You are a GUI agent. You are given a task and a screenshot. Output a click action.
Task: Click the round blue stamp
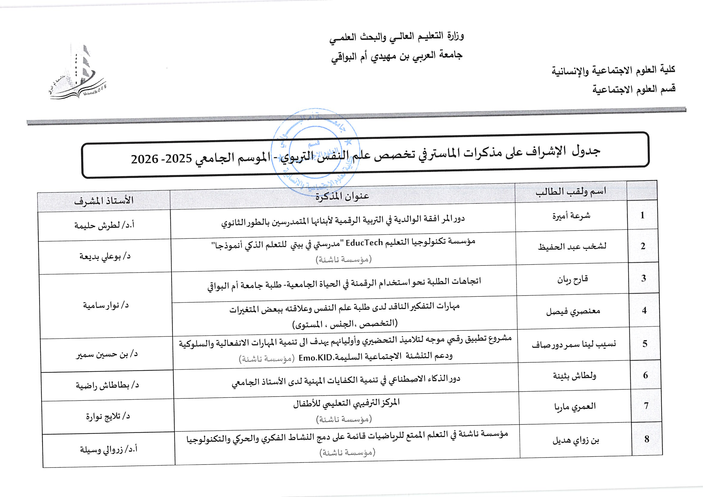[x=315, y=152]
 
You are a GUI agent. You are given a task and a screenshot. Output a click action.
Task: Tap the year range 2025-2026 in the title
[x=161, y=159]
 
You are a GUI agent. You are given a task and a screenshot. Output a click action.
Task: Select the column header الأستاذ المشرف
[x=104, y=201]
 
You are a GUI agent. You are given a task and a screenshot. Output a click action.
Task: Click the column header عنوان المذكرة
[x=342, y=196]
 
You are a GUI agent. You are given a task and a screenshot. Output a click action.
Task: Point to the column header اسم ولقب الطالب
[x=571, y=192]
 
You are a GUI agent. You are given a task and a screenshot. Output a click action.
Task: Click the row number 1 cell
[x=642, y=215]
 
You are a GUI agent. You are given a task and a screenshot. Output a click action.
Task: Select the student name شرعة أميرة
[x=571, y=216]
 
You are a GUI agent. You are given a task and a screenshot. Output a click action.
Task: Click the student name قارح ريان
[x=572, y=279]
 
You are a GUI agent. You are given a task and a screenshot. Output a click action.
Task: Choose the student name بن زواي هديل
[x=576, y=440]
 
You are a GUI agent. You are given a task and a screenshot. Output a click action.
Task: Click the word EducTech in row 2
[x=364, y=243]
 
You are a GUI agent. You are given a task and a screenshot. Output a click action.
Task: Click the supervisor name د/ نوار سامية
[x=106, y=305]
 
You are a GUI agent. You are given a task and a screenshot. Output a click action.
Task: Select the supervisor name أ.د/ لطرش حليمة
[x=104, y=225]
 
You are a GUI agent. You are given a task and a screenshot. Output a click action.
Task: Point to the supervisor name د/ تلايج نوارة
[x=108, y=416]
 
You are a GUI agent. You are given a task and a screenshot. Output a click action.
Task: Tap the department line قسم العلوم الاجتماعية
[x=634, y=89]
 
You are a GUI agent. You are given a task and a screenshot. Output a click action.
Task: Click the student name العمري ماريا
[x=575, y=407]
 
